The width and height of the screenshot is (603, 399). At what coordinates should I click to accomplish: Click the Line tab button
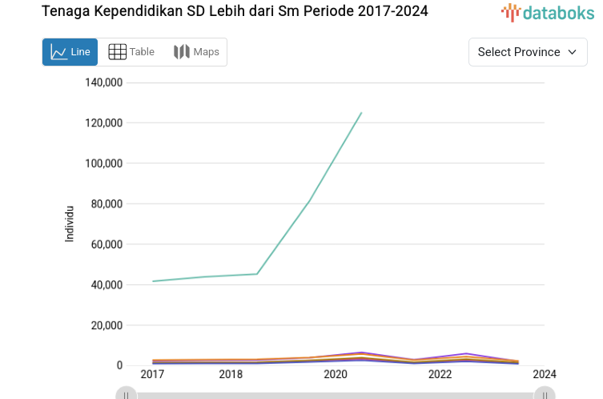coord(70,52)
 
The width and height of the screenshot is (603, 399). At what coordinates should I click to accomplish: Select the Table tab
coord(131,52)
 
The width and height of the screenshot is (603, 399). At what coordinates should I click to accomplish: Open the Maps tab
coord(196,52)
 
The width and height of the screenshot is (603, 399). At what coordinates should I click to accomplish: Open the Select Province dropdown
coord(527,52)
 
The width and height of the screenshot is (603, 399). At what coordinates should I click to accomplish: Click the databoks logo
coord(548,12)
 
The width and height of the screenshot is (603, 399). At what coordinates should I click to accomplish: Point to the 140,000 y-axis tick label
coord(103,83)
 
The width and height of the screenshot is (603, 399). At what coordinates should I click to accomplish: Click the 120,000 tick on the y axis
coord(103,123)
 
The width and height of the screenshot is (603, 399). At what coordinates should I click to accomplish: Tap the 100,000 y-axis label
coord(103,163)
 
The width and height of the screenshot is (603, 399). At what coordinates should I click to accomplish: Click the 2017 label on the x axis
coord(152,374)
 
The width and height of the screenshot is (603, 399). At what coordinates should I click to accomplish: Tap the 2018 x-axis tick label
coord(231,374)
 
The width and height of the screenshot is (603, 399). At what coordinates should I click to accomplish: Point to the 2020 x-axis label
coord(336,374)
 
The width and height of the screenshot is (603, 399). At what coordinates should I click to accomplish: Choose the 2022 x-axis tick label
coord(440,374)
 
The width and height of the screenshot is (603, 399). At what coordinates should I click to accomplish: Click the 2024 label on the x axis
coord(545,374)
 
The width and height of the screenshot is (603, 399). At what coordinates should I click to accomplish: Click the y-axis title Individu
coord(70,224)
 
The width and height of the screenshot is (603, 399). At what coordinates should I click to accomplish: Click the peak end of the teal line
coord(361,113)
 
